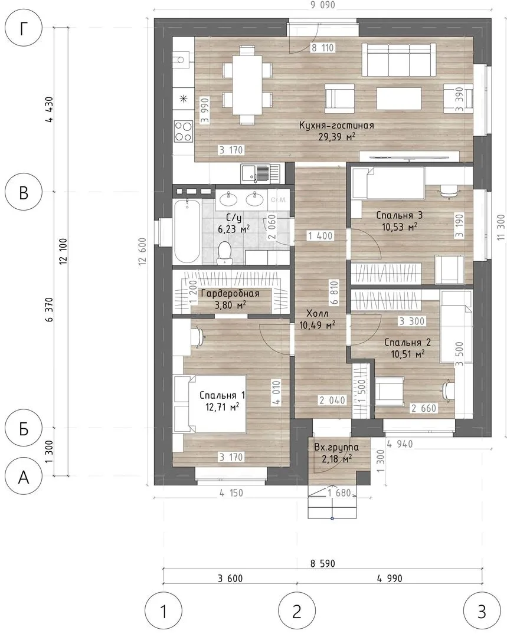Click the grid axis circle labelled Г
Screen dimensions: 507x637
[24, 28]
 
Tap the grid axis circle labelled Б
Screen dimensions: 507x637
[24, 428]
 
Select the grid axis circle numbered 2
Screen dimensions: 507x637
[297, 610]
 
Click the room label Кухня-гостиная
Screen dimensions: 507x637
[336, 125]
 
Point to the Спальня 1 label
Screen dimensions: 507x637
[222, 395]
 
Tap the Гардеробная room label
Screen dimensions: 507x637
[230, 293]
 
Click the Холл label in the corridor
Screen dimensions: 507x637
[317, 313]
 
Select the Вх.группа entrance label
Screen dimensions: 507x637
[336, 447]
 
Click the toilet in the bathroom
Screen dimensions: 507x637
[224, 252]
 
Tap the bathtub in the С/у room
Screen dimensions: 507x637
[187, 231]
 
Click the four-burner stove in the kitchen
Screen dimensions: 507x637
[184, 131]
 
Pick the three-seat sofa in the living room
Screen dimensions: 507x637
[399, 60]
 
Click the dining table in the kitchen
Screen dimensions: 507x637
[247, 85]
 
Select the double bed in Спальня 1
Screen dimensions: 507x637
[210, 403]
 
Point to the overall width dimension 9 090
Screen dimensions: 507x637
[323, 5]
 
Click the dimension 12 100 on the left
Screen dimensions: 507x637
[63, 251]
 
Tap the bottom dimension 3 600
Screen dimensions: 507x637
[230, 578]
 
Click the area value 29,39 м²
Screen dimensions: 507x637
[336, 137]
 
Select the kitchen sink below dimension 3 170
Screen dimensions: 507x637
[261, 173]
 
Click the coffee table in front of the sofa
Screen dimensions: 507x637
[399, 98]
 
